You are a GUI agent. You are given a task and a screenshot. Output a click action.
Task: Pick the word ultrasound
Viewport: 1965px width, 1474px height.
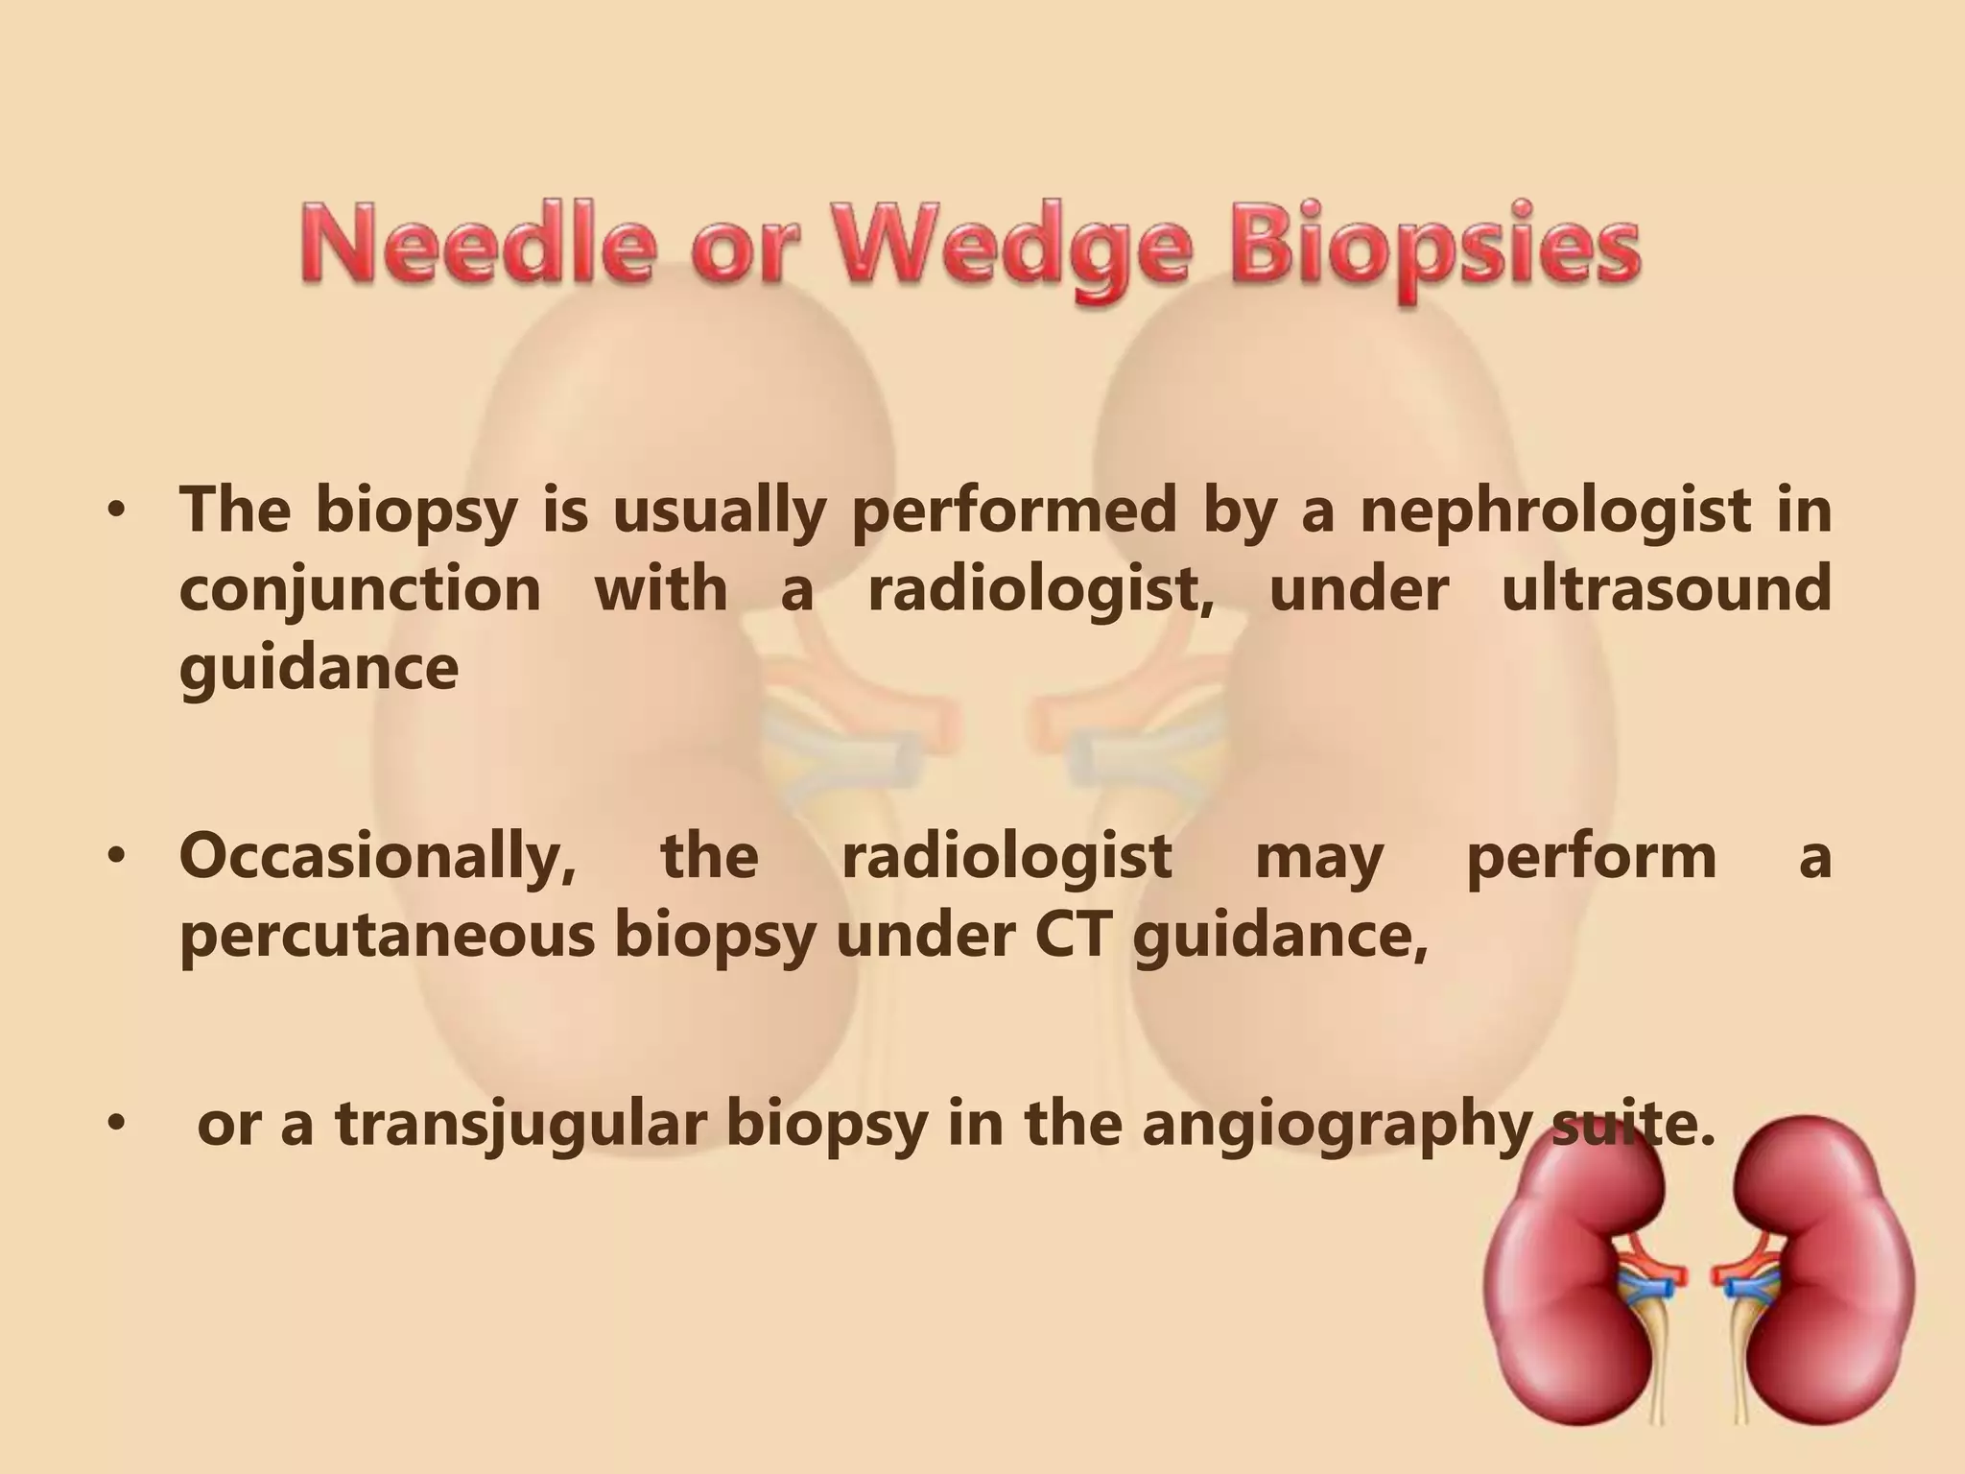tap(1666, 587)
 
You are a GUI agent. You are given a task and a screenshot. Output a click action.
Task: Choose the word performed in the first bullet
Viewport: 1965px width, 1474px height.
tap(1013, 511)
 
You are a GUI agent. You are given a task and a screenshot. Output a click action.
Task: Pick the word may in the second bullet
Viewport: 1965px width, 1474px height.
tap(1318, 857)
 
